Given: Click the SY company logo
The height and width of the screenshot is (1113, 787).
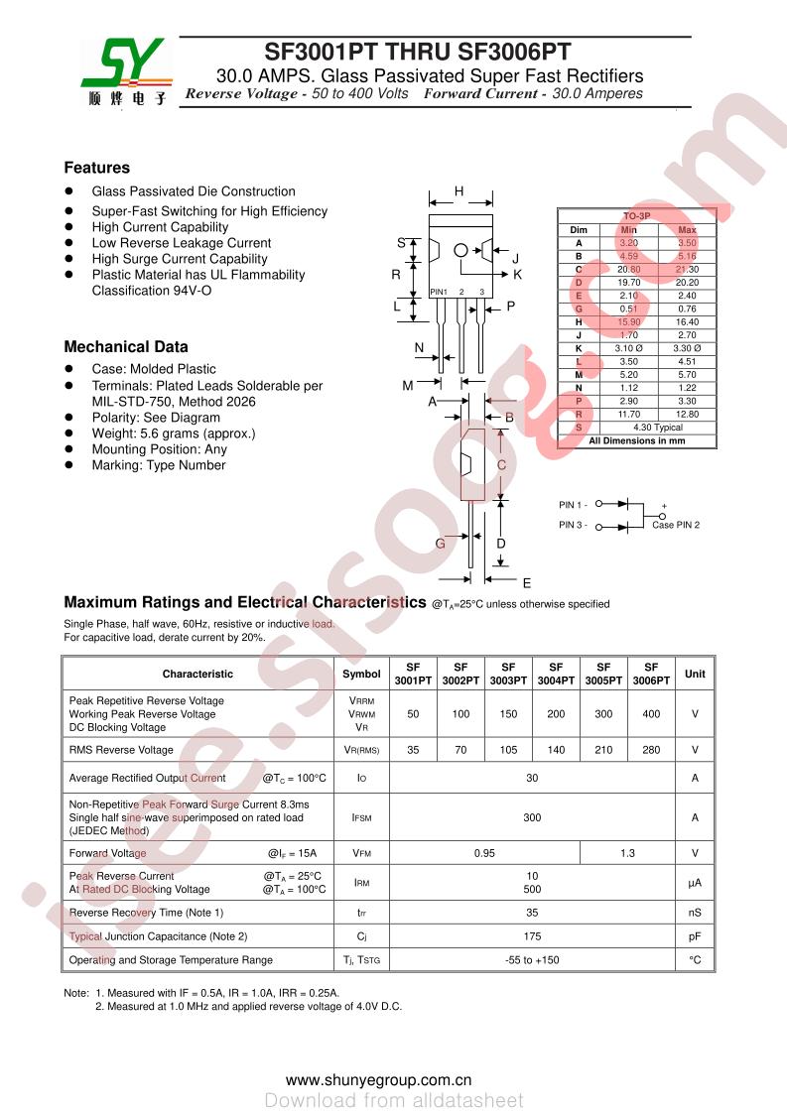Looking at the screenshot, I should (x=125, y=71).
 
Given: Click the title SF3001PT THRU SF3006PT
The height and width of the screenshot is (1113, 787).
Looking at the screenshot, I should (x=417, y=53).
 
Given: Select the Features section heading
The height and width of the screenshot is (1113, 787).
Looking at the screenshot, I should (x=96, y=168).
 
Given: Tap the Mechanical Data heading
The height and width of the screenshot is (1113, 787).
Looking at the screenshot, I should (x=125, y=347).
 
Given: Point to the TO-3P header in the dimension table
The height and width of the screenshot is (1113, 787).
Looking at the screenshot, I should (x=636, y=215).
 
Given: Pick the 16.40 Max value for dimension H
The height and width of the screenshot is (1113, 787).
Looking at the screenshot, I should (x=687, y=321).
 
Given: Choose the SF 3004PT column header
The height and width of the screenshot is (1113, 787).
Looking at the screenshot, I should (x=556, y=674).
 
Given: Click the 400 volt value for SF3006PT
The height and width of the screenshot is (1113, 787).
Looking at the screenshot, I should (x=651, y=714).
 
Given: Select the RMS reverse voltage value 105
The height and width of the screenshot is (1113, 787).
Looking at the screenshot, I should (x=508, y=750).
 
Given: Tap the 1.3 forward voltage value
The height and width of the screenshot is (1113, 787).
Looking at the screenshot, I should (x=627, y=853).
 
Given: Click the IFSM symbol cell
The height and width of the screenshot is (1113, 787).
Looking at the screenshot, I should (x=361, y=817).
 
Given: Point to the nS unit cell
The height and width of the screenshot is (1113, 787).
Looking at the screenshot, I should (x=695, y=913).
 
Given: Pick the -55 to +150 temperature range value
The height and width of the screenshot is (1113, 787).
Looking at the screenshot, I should (x=532, y=960).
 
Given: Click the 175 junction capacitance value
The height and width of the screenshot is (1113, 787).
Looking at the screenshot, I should (x=532, y=936).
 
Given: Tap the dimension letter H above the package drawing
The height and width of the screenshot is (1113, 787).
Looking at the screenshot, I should (x=459, y=191).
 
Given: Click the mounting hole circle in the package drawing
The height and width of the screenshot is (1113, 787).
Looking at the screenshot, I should (x=460, y=250).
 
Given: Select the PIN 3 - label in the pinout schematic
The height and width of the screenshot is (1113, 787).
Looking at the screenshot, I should (x=573, y=525).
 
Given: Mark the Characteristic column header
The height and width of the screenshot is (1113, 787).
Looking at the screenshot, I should (x=197, y=674).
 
